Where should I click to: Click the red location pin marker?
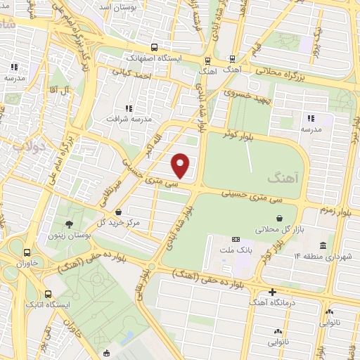(x=181, y=165)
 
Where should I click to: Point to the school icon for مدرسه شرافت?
(x=128, y=108)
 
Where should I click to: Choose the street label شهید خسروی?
(x=242, y=93)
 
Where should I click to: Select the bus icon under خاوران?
(x=27, y=252)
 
